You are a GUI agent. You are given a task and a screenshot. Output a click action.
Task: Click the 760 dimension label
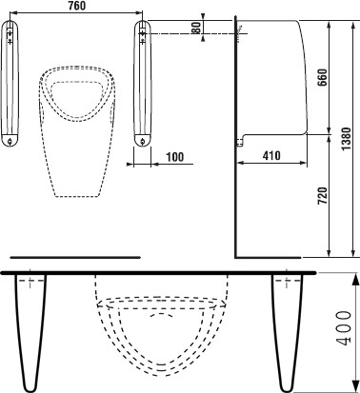(77, 6)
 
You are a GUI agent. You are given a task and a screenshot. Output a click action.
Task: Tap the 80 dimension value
(197, 28)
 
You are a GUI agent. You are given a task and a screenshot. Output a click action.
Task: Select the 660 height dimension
(323, 77)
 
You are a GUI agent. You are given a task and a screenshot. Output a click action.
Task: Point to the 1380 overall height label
(347, 139)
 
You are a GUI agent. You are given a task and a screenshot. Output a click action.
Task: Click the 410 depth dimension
(271, 155)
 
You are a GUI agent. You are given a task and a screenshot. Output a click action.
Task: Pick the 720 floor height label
(323, 196)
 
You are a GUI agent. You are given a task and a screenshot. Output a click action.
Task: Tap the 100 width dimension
(175, 157)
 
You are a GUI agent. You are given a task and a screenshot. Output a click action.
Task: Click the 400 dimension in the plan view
(344, 328)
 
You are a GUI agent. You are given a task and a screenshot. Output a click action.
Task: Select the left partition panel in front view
(10, 84)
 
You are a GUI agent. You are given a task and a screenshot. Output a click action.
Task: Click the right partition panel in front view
(143, 84)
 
